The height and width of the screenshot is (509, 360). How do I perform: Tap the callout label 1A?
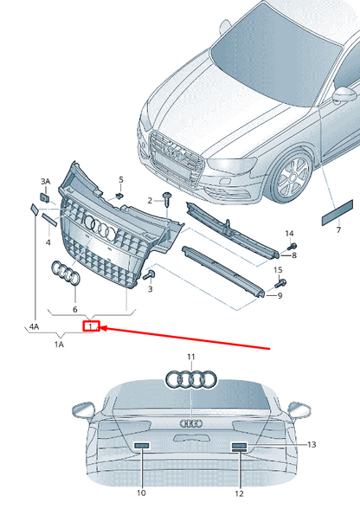tap(60, 345)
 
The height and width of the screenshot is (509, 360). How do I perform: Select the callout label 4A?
tap(34, 327)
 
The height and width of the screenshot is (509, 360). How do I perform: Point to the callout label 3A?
tap(45, 181)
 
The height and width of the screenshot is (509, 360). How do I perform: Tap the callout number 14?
tap(290, 234)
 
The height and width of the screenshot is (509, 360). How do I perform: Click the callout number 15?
tap(279, 271)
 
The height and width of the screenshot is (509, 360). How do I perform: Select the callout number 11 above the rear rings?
tap(190, 357)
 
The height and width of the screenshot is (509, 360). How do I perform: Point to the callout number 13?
tap(312, 444)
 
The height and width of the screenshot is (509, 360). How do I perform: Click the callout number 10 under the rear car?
tap(140, 493)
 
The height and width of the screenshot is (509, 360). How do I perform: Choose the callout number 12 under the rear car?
tap(239, 493)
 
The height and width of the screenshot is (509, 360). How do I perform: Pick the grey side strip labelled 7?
tap(337, 211)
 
